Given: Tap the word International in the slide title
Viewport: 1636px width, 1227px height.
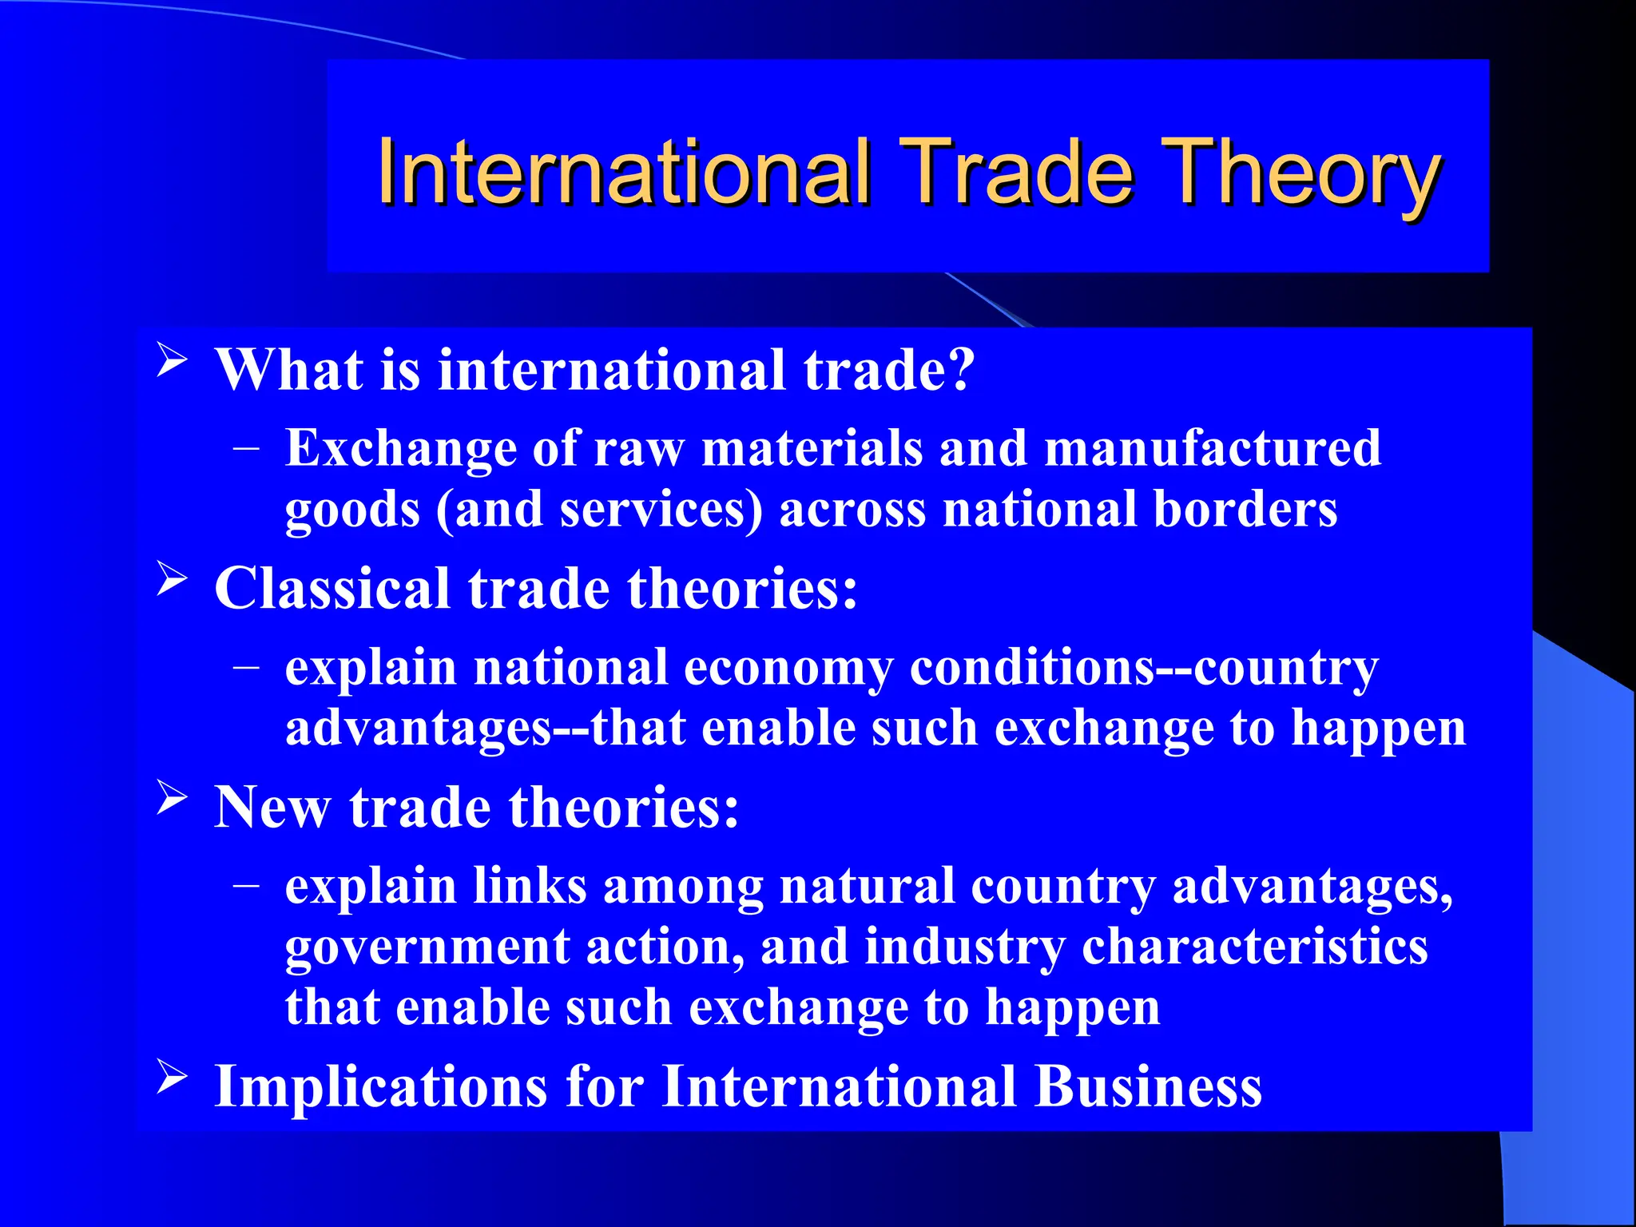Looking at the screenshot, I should click(624, 172).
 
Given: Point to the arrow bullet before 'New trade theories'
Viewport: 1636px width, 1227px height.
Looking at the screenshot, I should click(172, 796).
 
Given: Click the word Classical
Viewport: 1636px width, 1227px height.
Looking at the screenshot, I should click(332, 589).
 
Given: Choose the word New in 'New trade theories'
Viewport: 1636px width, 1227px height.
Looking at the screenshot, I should click(272, 808).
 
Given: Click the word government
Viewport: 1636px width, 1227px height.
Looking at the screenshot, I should click(427, 948).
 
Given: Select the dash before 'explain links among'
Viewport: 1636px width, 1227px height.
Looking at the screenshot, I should click(247, 884).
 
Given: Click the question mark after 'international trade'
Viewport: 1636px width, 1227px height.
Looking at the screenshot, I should click(959, 370).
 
